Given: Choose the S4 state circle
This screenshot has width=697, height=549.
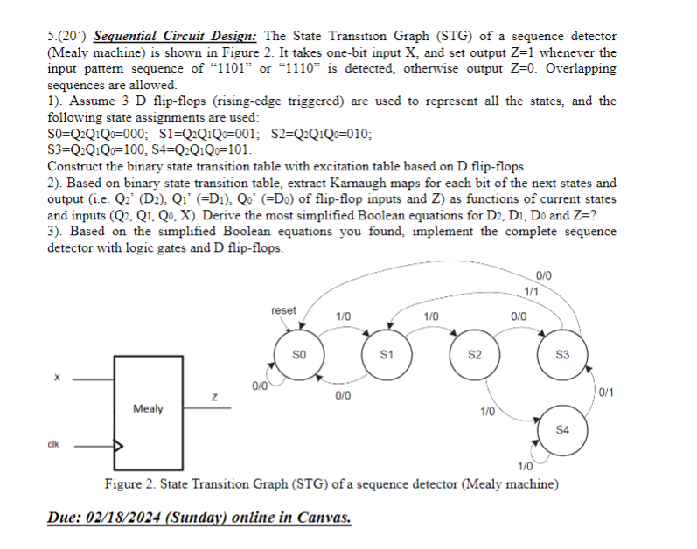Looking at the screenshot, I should point(563,429).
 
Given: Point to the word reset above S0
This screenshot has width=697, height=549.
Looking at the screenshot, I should point(284,310).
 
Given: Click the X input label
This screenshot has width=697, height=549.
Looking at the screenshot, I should point(58,378).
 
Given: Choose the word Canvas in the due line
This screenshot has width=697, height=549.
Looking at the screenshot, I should point(323,518).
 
